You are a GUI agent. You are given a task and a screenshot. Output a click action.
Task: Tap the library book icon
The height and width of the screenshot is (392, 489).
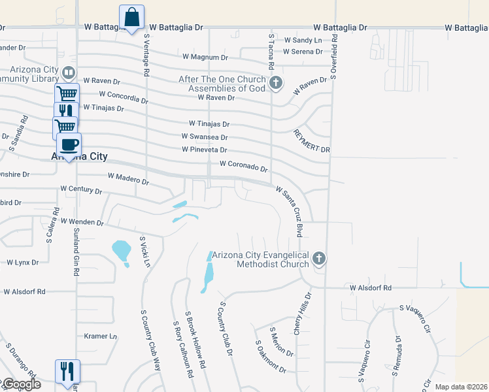(x=68, y=73)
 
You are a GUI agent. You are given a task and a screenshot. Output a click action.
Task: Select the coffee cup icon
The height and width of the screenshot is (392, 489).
(x=69, y=144)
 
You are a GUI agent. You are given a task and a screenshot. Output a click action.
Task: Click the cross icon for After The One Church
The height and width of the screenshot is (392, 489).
(x=276, y=82)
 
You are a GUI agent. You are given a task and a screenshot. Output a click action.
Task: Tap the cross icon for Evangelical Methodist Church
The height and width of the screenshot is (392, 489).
(x=319, y=259)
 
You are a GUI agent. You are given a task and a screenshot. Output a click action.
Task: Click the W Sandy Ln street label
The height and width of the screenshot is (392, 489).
(x=303, y=41)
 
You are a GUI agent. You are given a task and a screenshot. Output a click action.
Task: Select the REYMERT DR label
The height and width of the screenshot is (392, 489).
(x=312, y=141)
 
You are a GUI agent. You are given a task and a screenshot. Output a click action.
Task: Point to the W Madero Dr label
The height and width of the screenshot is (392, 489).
(x=128, y=178)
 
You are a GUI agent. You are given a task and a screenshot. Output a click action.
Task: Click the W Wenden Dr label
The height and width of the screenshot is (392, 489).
(x=82, y=222)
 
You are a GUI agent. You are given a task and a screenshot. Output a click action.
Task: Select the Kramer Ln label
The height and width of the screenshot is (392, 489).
(x=101, y=336)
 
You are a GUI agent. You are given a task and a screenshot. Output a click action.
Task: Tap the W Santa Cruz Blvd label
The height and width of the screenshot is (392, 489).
(x=291, y=211)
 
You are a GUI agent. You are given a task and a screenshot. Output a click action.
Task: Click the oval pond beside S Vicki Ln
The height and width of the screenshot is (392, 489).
(x=121, y=252)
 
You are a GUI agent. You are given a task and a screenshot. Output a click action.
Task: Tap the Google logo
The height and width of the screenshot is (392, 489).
(x=21, y=384)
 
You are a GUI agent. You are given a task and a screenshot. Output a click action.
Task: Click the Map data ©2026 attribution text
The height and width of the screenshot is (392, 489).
(x=461, y=387)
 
